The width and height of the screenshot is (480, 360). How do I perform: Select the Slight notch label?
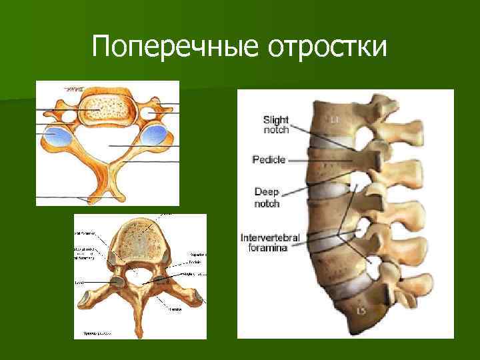[276, 125]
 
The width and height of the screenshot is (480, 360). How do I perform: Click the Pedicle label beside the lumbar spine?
[269, 159]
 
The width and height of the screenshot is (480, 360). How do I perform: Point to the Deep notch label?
[267, 197]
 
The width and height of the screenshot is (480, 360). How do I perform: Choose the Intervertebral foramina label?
[270, 242]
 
